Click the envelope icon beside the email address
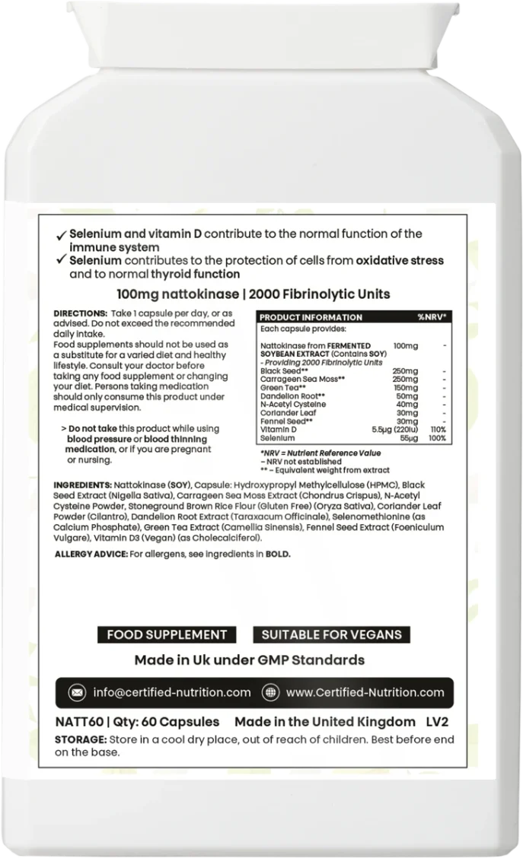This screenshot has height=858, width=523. (77, 693)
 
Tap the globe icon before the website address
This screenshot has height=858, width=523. (269, 693)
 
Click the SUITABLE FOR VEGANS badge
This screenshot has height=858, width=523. (331, 634)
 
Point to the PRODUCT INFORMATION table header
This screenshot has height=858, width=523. (311, 316)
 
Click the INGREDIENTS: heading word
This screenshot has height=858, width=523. (82, 485)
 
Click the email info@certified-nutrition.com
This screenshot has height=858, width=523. (171, 693)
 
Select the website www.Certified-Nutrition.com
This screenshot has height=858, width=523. (365, 693)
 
